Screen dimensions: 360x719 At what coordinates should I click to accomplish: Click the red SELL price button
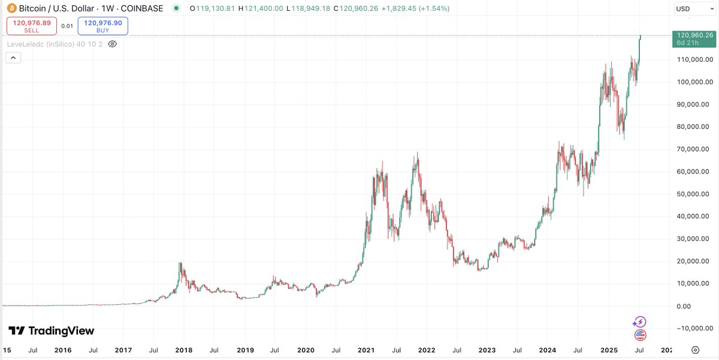coord(31,26)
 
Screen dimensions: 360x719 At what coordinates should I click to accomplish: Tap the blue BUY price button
coord(102,26)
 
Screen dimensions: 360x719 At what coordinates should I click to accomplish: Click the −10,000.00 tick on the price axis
coord(693,328)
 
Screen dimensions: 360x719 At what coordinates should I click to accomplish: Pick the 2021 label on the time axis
coord(365,350)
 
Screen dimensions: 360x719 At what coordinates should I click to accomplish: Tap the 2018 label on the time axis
coord(184,350)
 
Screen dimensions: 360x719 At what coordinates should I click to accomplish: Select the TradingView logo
coord(51,331)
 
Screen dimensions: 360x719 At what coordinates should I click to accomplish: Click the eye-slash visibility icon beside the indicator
coord(113,44)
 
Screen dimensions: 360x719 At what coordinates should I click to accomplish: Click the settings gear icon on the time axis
coord(695,350)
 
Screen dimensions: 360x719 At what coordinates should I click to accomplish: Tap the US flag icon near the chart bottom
coord(640,335)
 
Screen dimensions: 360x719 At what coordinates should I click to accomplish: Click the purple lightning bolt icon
coord(640,322)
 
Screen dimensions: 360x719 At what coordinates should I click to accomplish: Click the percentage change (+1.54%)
coord(431,8)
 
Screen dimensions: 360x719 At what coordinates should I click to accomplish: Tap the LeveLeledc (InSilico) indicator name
coord(55,44)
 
